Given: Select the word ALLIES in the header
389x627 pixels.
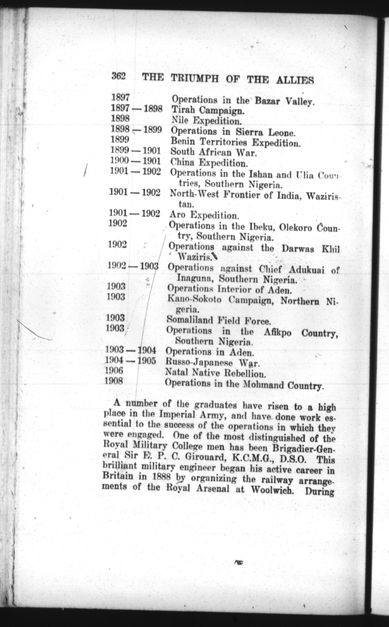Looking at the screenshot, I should (x=295, y=80).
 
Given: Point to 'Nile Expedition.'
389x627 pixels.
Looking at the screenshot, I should (x=206, y=120).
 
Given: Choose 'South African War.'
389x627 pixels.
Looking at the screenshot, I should (x=214, y=152).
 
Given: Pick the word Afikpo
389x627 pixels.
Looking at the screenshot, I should (x=278, y=333).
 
